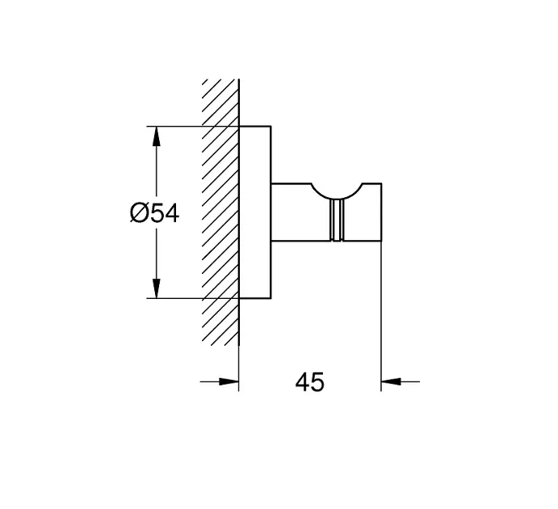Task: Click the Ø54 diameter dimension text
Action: tap(153, 213)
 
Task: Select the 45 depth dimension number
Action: tap(309, 381)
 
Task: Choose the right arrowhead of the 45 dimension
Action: tap(392, 381)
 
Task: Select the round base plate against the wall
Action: tap(255, 212)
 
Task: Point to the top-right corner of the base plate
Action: tap(271, 127)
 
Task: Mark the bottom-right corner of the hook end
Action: tap(380, 242)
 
